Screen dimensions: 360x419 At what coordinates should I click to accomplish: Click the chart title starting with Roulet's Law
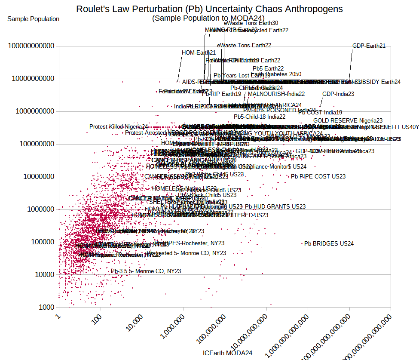(209, 9)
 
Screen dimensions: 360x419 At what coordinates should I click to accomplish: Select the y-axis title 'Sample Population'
(33, 19)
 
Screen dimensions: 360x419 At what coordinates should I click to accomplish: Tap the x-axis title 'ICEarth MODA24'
(227, 353)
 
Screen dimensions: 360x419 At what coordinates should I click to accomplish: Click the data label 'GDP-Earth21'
(369, 46)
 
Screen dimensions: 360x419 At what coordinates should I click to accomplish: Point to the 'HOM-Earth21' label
(199, 53)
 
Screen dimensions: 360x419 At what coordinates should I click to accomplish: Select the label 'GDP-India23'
(338, 94)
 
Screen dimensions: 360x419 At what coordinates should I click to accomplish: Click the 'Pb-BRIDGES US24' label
(329, 243)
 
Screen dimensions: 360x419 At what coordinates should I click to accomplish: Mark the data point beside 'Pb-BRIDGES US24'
(302, 243)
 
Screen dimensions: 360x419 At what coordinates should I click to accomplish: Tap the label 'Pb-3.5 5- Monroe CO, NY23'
(146, 271)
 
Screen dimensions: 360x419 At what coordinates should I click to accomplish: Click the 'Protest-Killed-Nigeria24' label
(119, 126)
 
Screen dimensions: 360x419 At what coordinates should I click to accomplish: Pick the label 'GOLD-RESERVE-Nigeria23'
(348, 121)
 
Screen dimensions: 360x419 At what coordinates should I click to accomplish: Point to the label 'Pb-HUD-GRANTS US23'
(275, 206)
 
